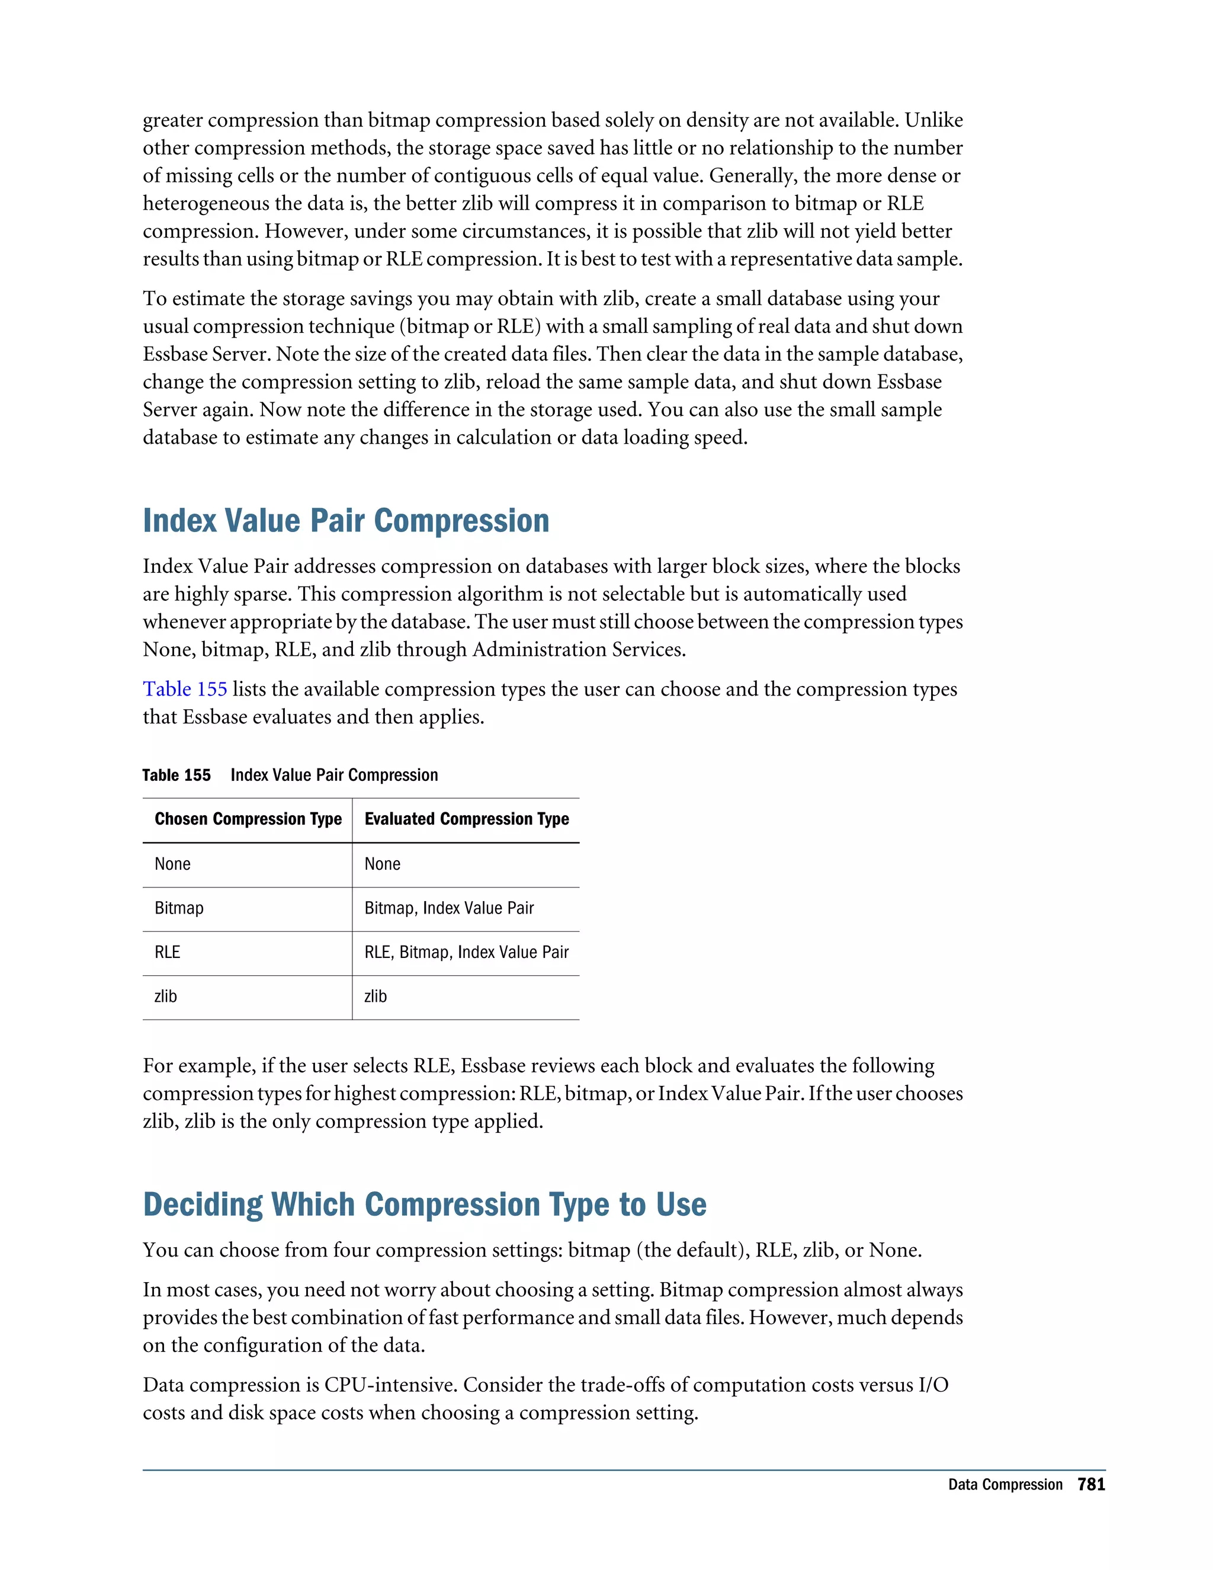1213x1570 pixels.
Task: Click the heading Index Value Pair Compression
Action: (346, 521)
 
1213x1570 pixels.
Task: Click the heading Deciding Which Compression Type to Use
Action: (424, 1205)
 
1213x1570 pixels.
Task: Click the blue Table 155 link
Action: (185, 690)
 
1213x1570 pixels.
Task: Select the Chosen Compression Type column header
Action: (248, 819)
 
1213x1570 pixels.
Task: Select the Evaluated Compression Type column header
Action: (466, 819)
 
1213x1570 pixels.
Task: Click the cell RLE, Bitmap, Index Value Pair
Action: (466, 953)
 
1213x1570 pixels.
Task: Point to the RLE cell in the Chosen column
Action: (168, 953)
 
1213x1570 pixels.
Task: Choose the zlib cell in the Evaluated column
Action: (375, 997)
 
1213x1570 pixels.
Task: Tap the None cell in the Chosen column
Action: (172, 864)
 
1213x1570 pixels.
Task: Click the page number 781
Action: (1091, 1485)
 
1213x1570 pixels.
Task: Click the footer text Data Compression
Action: (1005, 1485)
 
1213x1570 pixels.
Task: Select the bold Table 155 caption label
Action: (176, 776)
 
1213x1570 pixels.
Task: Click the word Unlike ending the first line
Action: (933, 120)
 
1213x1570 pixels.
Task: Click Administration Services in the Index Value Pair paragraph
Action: (577, 650)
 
